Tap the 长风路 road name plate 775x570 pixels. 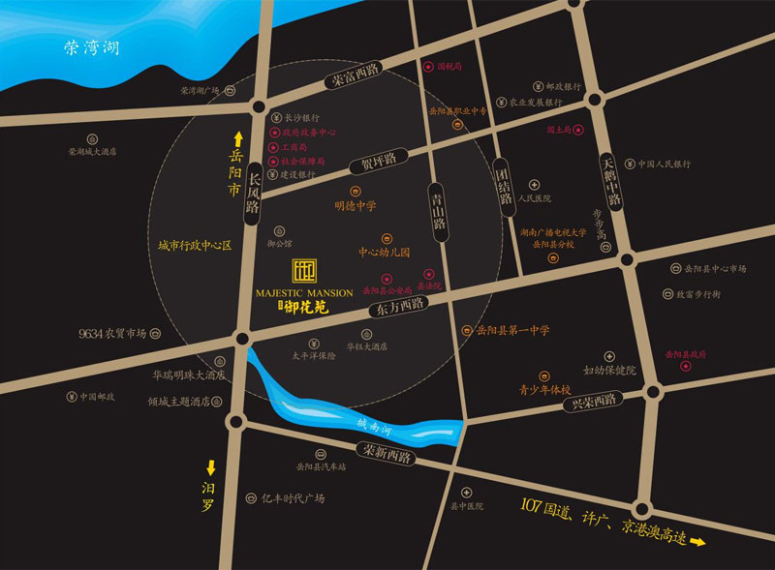254,194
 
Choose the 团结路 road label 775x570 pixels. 503,188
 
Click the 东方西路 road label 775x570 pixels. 398,307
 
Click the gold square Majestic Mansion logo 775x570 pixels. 306,272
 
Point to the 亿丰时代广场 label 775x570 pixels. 292,498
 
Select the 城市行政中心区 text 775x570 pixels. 196,247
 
